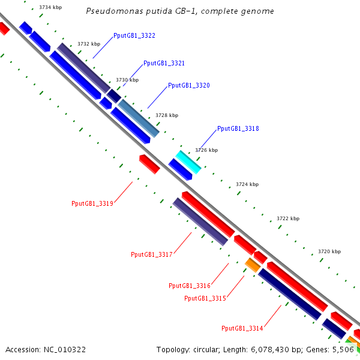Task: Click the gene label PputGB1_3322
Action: click(134, 36)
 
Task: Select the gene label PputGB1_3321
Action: click(164, 63)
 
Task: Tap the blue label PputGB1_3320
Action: click(189, 86)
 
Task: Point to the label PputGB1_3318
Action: click(238, 128)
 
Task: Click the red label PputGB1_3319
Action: click(92, 203)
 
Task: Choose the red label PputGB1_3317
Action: click(152, 254)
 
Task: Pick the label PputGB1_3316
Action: click(190, 286)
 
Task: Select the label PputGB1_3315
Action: click(205, 298)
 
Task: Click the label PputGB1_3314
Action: click(242, 328)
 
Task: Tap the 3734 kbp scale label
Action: click(50, 7)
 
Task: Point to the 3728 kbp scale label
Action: click(167, 115)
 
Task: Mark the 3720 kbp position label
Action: click(329, 251)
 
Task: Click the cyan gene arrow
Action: click(188, 162)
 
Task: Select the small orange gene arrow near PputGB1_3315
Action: click(253, 264)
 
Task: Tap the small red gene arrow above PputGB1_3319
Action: click(149, 164)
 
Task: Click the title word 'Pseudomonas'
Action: click(110, 11)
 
